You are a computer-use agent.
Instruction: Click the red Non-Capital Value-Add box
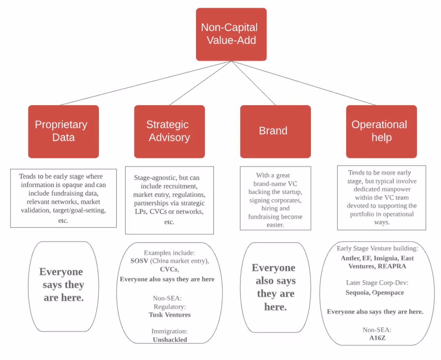tap(231, 34)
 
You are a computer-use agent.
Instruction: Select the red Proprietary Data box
tap(63, 131)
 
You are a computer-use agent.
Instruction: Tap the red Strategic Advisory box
tap(169, 131)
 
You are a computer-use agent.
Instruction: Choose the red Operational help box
tap(381, 131)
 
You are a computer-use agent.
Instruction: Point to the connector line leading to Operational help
tap(305, 83)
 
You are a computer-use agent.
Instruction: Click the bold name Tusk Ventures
tap(170, 315)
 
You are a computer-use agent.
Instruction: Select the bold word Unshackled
tap(170, 340)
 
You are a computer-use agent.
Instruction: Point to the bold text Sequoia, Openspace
tap(375, 293)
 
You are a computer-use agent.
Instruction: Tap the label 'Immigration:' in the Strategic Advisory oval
tap(170, 331)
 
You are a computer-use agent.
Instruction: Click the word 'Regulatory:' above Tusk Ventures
tap(170, 307)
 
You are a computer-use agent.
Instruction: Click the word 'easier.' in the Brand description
tap(275, 225)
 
